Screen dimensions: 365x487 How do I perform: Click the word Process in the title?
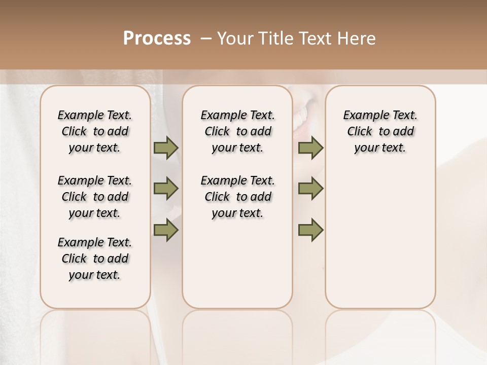(x=157, y=39)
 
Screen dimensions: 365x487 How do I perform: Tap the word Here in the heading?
(x=358, y=39)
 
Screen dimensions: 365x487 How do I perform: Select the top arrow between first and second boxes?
(x=166, y=148)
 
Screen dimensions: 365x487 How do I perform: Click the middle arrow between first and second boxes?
(x=166, y=189)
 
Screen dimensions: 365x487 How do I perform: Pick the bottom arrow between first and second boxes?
(x=166, y=230)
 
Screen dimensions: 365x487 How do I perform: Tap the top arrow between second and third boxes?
(x=310, y=148)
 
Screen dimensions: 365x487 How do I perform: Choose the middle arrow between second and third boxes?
(x=310, y=189)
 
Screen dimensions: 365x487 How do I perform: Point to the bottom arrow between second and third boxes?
(x=310, y=230)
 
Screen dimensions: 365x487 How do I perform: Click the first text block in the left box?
(x=95, y=131)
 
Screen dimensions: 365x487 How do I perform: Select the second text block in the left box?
(x=95, y=197)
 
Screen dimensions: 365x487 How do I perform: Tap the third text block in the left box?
(x=95, y=259)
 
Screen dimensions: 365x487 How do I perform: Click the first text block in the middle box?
(x=237, y=131)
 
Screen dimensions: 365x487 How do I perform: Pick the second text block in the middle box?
(x=237, y=197)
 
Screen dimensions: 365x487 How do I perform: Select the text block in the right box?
(x=380, y=131)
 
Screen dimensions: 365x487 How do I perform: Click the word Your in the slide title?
(x=234, y=39)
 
